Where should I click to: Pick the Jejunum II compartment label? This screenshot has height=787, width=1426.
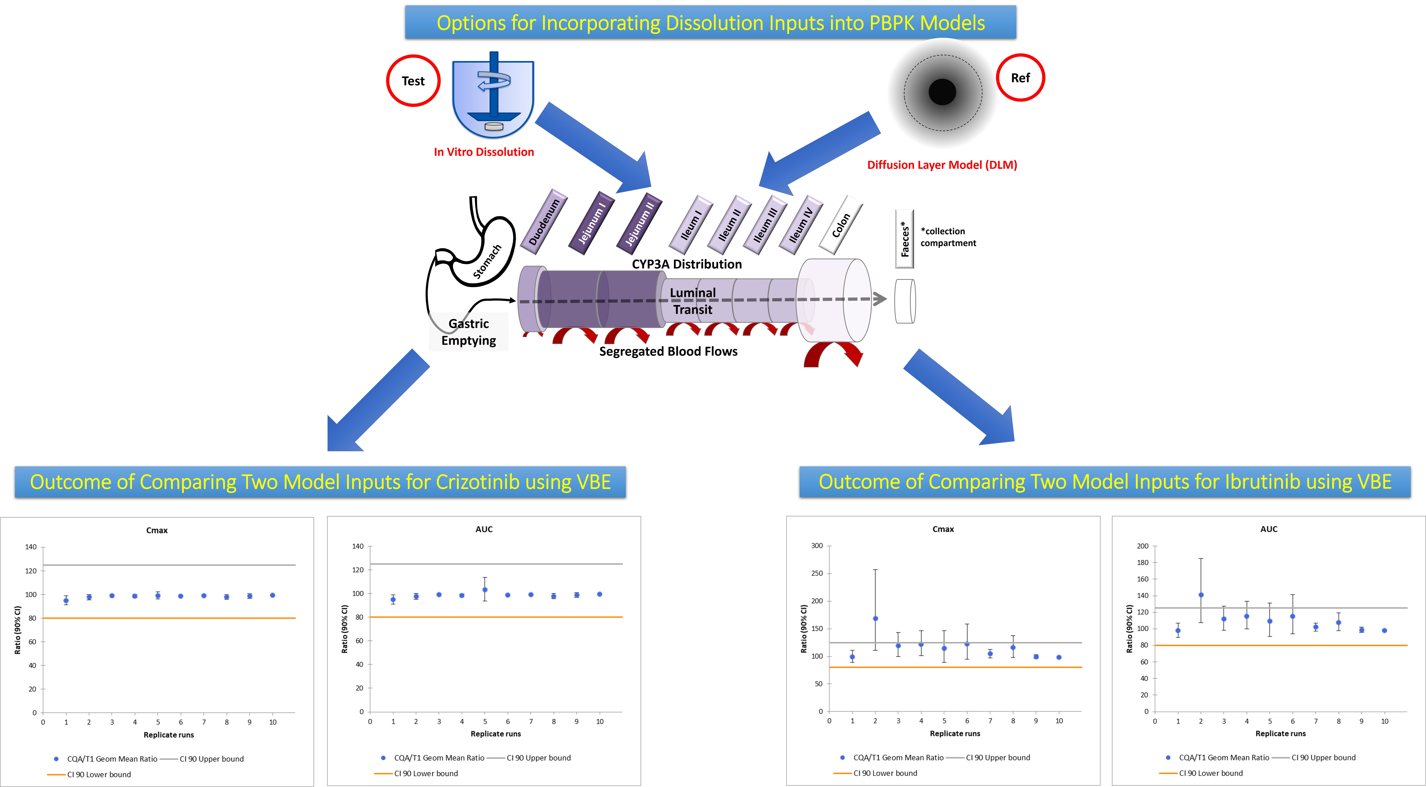point(639,223)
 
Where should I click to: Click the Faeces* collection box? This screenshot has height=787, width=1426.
point(905,239)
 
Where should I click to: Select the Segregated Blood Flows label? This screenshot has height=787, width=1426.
point(668,351)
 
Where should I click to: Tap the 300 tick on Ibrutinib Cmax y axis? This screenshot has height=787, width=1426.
point(817,546)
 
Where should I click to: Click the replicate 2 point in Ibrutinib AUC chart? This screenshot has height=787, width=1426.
point(1201,595)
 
